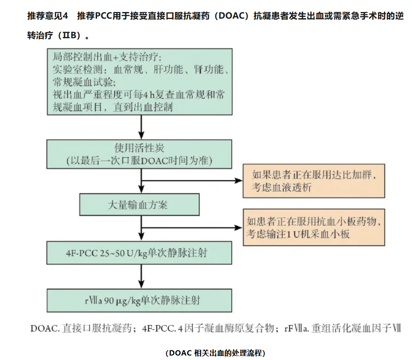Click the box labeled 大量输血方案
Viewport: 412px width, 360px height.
[140, 204]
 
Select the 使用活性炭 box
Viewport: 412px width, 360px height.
[139, 154]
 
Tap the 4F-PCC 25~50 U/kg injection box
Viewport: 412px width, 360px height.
[139, 253]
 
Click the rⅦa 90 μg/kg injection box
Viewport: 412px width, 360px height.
[139, 300]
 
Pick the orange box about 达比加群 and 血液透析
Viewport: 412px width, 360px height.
[314, 181]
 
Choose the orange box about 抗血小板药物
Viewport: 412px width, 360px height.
[314, 227]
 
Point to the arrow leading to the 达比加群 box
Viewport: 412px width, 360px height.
[192, 180]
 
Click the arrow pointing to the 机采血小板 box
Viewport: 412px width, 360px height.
[192, 228]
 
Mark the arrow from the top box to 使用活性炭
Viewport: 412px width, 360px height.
[141, 127]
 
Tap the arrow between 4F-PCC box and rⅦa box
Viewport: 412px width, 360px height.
[141, 276]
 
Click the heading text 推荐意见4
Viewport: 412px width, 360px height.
[48, 16]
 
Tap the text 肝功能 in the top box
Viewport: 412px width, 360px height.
[168, 69]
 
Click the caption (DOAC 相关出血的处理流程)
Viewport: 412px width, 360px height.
[215, 353]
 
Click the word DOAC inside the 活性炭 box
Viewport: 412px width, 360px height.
[154, 160]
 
